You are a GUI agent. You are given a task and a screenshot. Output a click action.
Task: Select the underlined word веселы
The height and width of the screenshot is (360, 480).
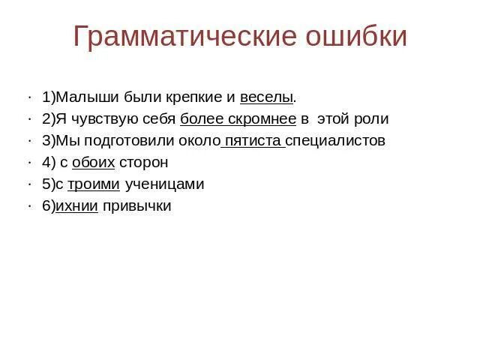point(266,97)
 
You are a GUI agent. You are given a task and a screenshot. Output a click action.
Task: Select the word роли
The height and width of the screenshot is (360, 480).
point(373,119)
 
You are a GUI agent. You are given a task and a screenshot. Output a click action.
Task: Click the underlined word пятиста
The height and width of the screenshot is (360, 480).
point(253,141)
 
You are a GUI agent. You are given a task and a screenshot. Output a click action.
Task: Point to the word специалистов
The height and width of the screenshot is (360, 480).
point(337,141)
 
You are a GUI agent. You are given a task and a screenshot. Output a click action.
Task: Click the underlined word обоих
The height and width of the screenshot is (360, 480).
point(93,163)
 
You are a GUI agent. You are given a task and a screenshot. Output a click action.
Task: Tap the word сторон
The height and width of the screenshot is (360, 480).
point(143,163)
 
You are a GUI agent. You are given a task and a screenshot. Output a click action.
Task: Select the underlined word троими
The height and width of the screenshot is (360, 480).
point(94,184)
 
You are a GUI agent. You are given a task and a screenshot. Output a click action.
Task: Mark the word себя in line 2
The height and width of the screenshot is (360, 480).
point(159,119)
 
